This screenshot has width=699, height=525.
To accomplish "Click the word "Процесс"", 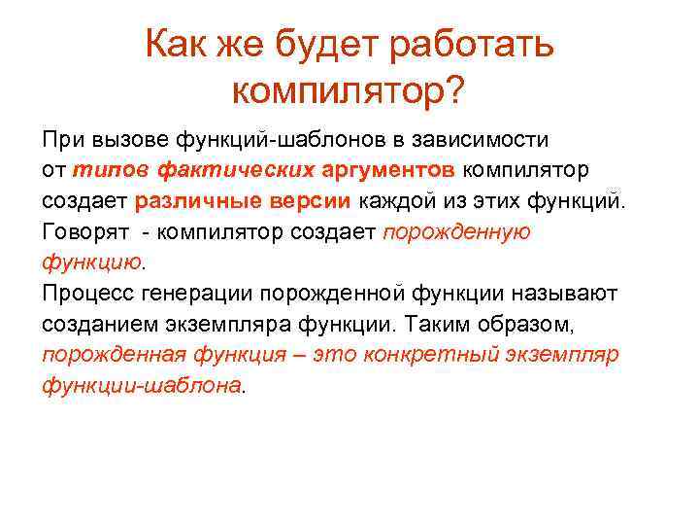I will [85, 293].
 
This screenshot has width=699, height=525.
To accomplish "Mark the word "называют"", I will [560, 293].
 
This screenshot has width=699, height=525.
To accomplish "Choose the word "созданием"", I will [95, 324].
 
